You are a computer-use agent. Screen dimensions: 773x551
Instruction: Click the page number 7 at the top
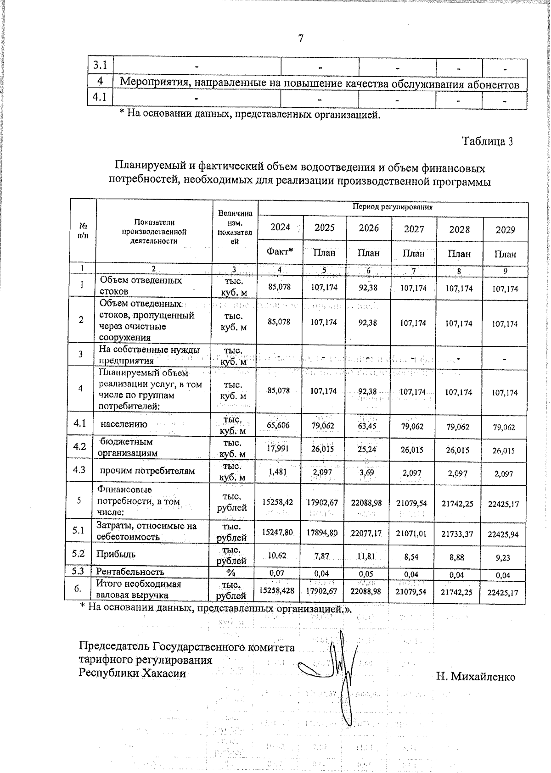301,39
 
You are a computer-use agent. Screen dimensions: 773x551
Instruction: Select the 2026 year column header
369,228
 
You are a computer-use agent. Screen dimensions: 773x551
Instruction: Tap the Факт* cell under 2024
280,252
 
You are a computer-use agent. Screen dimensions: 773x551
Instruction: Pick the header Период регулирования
393,207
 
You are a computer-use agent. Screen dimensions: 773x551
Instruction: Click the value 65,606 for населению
278,426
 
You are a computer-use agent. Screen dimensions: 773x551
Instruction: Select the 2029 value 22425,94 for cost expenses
505,534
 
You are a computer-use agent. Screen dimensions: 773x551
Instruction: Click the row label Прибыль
116,554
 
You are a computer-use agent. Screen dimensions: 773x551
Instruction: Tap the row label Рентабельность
130,572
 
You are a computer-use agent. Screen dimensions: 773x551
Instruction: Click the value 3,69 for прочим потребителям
369,473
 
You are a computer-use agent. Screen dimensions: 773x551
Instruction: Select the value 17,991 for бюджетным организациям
278,450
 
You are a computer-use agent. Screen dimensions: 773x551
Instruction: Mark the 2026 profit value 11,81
369,557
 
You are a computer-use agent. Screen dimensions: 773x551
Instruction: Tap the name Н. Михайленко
475,677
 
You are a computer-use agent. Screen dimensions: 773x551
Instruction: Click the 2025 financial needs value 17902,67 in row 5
324,503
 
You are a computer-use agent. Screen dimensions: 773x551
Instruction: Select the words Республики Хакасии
133,673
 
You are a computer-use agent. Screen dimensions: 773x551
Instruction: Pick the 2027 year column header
414,229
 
